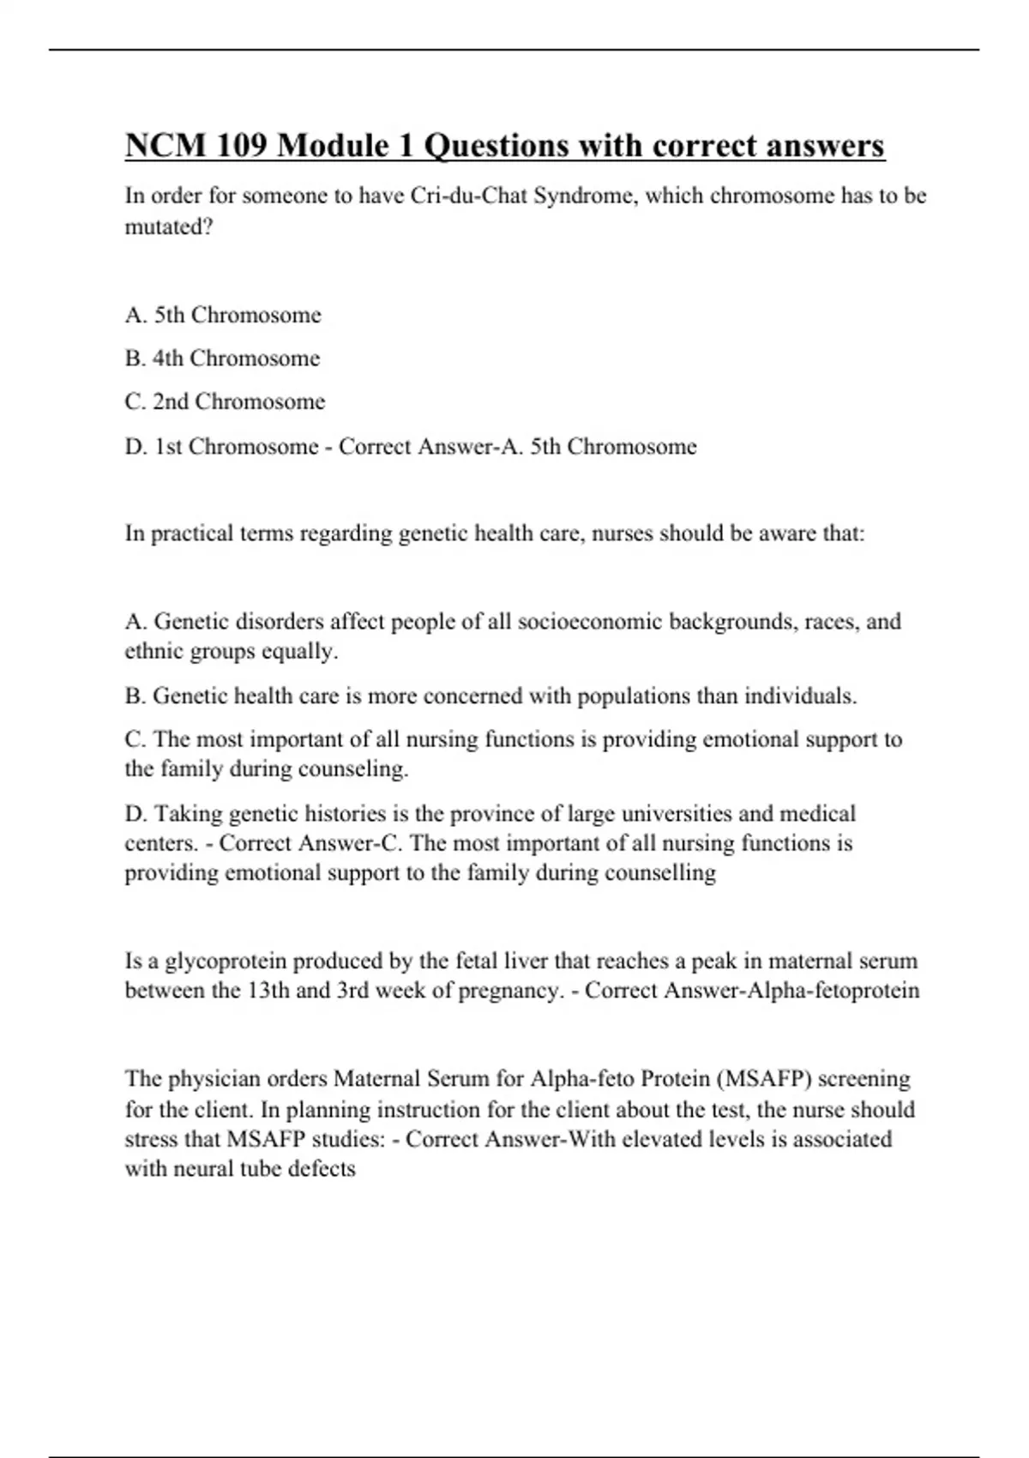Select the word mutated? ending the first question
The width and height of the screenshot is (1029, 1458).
(169, 227)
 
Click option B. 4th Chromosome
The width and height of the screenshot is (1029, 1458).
(222, 358)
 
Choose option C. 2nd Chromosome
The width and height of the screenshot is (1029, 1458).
(225, 402)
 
